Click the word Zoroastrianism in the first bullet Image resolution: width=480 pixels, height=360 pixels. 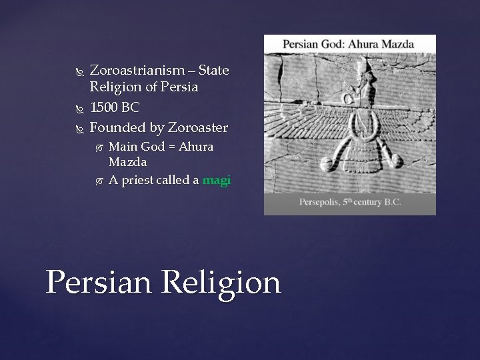click(x=137, y=70)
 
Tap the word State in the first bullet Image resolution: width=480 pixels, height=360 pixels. click(x=213, y=70)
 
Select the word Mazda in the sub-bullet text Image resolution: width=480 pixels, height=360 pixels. click(x=127, y=162)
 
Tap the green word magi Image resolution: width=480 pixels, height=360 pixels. click(x=216, y=180)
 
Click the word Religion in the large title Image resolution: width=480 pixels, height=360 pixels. click(x=221, y=283)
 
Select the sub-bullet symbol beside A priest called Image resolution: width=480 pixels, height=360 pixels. click(x=99, y=181)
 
